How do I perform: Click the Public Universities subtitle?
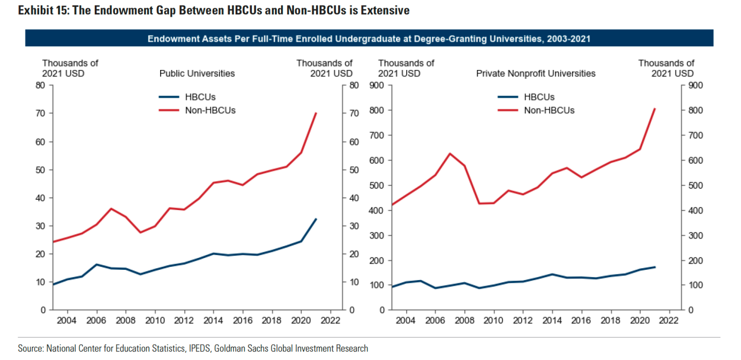click(x=197, y=74)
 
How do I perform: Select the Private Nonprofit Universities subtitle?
click(x=536, y=74)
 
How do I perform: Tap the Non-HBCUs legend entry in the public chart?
click(x=210, y=110)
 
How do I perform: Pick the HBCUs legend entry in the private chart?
click(x=539, y=97)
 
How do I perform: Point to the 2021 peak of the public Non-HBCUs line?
click(x=316, y=113)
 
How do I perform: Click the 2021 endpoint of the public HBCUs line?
click(x=316, y=219)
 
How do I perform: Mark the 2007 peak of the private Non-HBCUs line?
click(x=450, y=153)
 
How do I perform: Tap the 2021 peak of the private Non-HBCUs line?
click(x=654, y=109)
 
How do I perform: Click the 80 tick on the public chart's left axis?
click(x=40, y=85)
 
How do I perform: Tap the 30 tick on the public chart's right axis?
click(x=354, y=226)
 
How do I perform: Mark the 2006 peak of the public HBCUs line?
click(x=97, y=264)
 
